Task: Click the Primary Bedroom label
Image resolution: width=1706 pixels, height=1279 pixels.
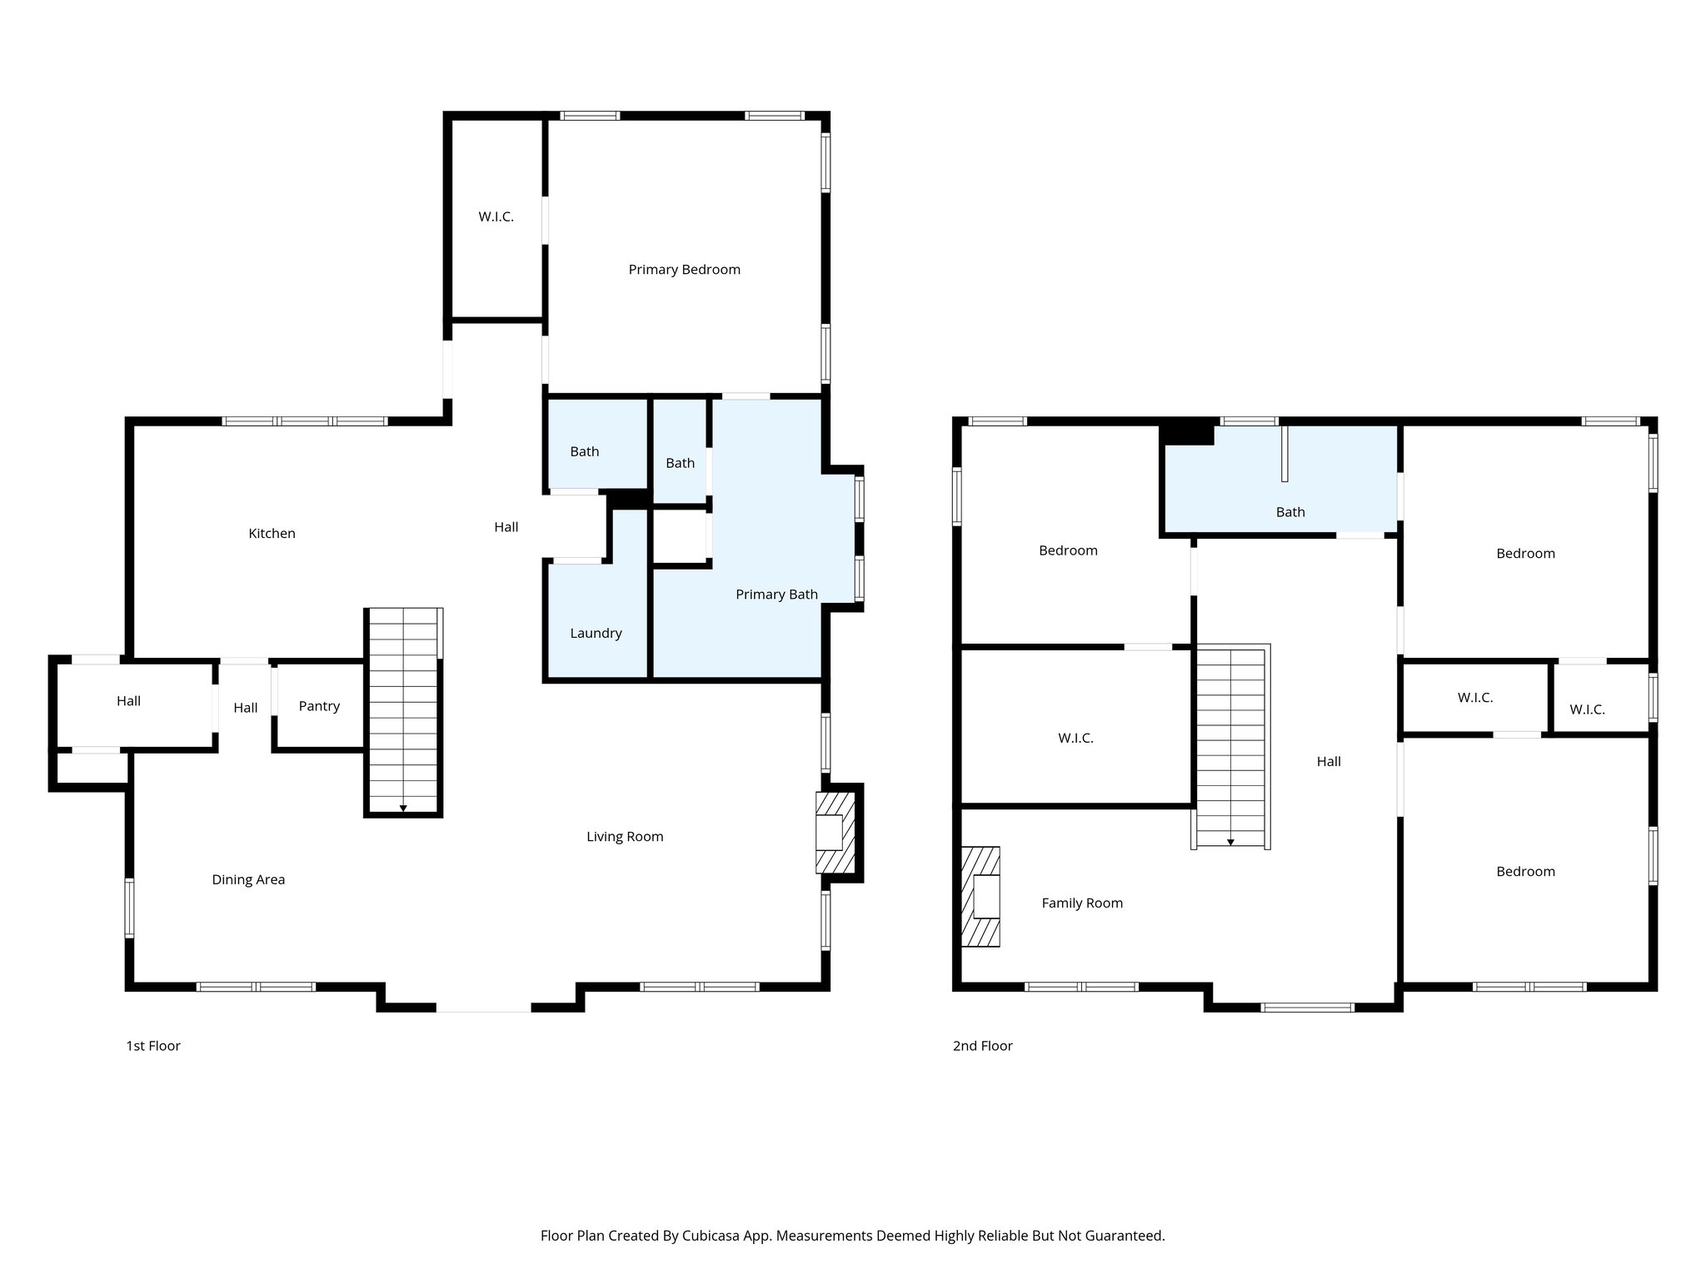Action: point(684,270)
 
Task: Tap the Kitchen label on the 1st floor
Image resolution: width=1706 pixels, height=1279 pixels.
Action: point(272,534)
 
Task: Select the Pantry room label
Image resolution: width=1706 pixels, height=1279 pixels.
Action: point(319,706)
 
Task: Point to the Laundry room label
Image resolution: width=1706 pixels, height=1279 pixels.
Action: point(596,634)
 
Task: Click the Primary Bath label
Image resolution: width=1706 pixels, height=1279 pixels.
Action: point(776,595)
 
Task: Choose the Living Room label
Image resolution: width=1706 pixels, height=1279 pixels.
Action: point(625,837)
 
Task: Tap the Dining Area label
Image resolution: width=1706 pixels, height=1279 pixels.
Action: point(248,880)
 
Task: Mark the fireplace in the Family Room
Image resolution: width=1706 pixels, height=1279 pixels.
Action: point(982,897)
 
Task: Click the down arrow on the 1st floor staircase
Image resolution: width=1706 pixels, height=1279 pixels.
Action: point(403,808)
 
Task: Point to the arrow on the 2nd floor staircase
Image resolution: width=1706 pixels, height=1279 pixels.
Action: point(1230,843)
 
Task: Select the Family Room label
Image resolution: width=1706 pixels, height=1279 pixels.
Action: point(1082,903)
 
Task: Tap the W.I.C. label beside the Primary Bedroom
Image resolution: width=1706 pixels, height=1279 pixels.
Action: point(496,217)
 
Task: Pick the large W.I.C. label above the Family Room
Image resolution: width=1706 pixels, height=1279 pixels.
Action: point(1075,739)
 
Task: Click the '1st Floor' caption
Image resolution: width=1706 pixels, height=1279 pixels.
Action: point(153,1046)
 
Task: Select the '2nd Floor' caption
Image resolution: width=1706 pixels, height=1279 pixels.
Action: point(982,1046)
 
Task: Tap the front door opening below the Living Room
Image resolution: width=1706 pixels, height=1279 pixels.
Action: point(483,1009)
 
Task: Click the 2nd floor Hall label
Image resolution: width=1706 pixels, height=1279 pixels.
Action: point(1329,762)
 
